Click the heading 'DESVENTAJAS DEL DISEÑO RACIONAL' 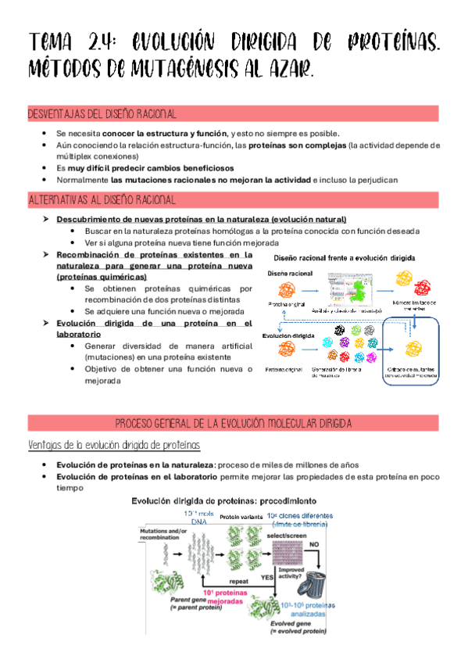point(102,114)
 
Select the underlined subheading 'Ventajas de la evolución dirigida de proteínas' point(115,445)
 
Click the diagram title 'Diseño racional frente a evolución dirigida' point(344,257)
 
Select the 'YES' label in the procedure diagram point(264,576)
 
